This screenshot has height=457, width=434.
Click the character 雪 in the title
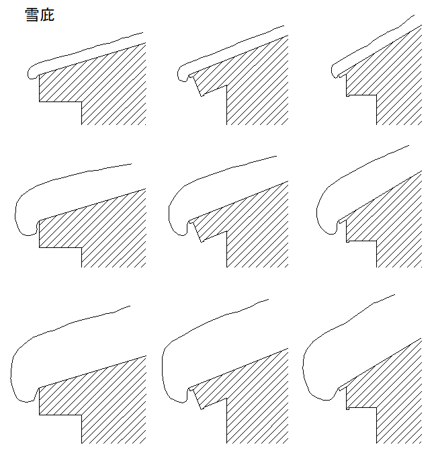coord(32,15)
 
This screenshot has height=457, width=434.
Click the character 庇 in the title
coord(47,15)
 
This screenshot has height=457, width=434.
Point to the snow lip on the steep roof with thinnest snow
coord(335,71)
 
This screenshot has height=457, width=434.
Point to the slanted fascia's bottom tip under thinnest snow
coord(202,95)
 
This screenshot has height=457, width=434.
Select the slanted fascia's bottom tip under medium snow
coord(202,242)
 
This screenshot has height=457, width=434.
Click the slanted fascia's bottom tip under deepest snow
coord(202,409)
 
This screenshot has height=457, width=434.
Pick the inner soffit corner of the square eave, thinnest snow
coord(81,101)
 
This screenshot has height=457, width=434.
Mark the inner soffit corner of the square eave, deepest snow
coord(81,415)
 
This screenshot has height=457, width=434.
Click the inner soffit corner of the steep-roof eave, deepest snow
coord(376,407)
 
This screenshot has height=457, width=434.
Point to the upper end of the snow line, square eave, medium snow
coord(132,164)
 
